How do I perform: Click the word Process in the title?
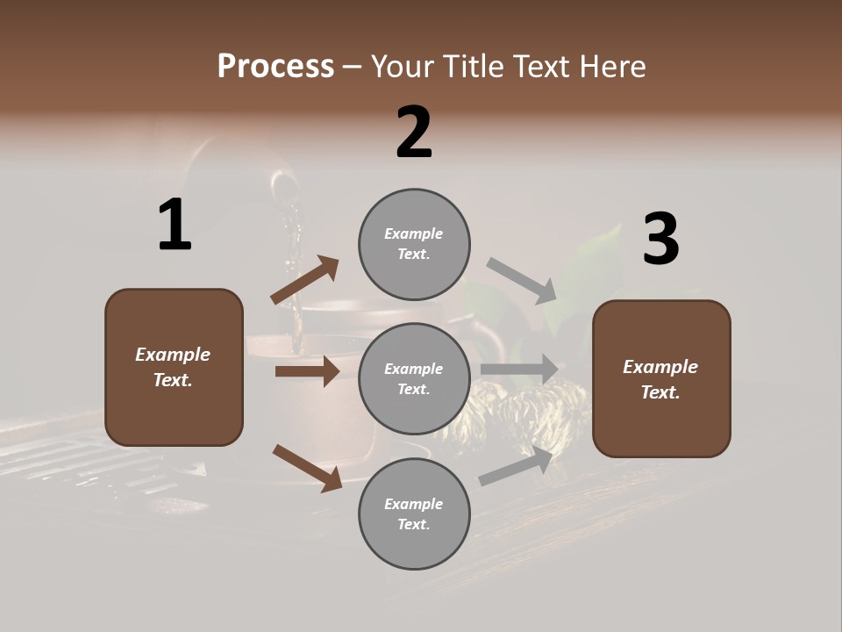pos(275,67)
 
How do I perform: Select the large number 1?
pos(175,226)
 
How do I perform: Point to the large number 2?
pos(414,133)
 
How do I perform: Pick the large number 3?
pos(660,240)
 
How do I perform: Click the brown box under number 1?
pos(174,367)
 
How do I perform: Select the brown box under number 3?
pos(661,378)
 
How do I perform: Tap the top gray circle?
pos(414,243)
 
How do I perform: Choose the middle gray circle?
pos(414,378)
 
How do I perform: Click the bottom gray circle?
pos(414,513)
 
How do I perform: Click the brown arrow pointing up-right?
pos(304,280)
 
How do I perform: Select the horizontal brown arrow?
pos(307,371)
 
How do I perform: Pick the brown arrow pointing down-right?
pos(307,468)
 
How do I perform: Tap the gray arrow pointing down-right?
pos(522,281)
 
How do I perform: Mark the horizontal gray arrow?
pos(519,370)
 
